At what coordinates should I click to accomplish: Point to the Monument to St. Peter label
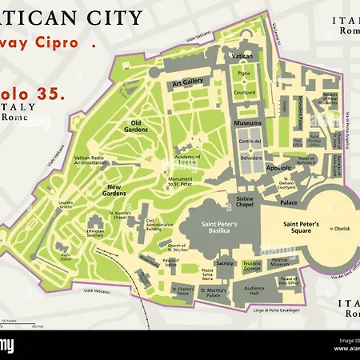tap(183, 182)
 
